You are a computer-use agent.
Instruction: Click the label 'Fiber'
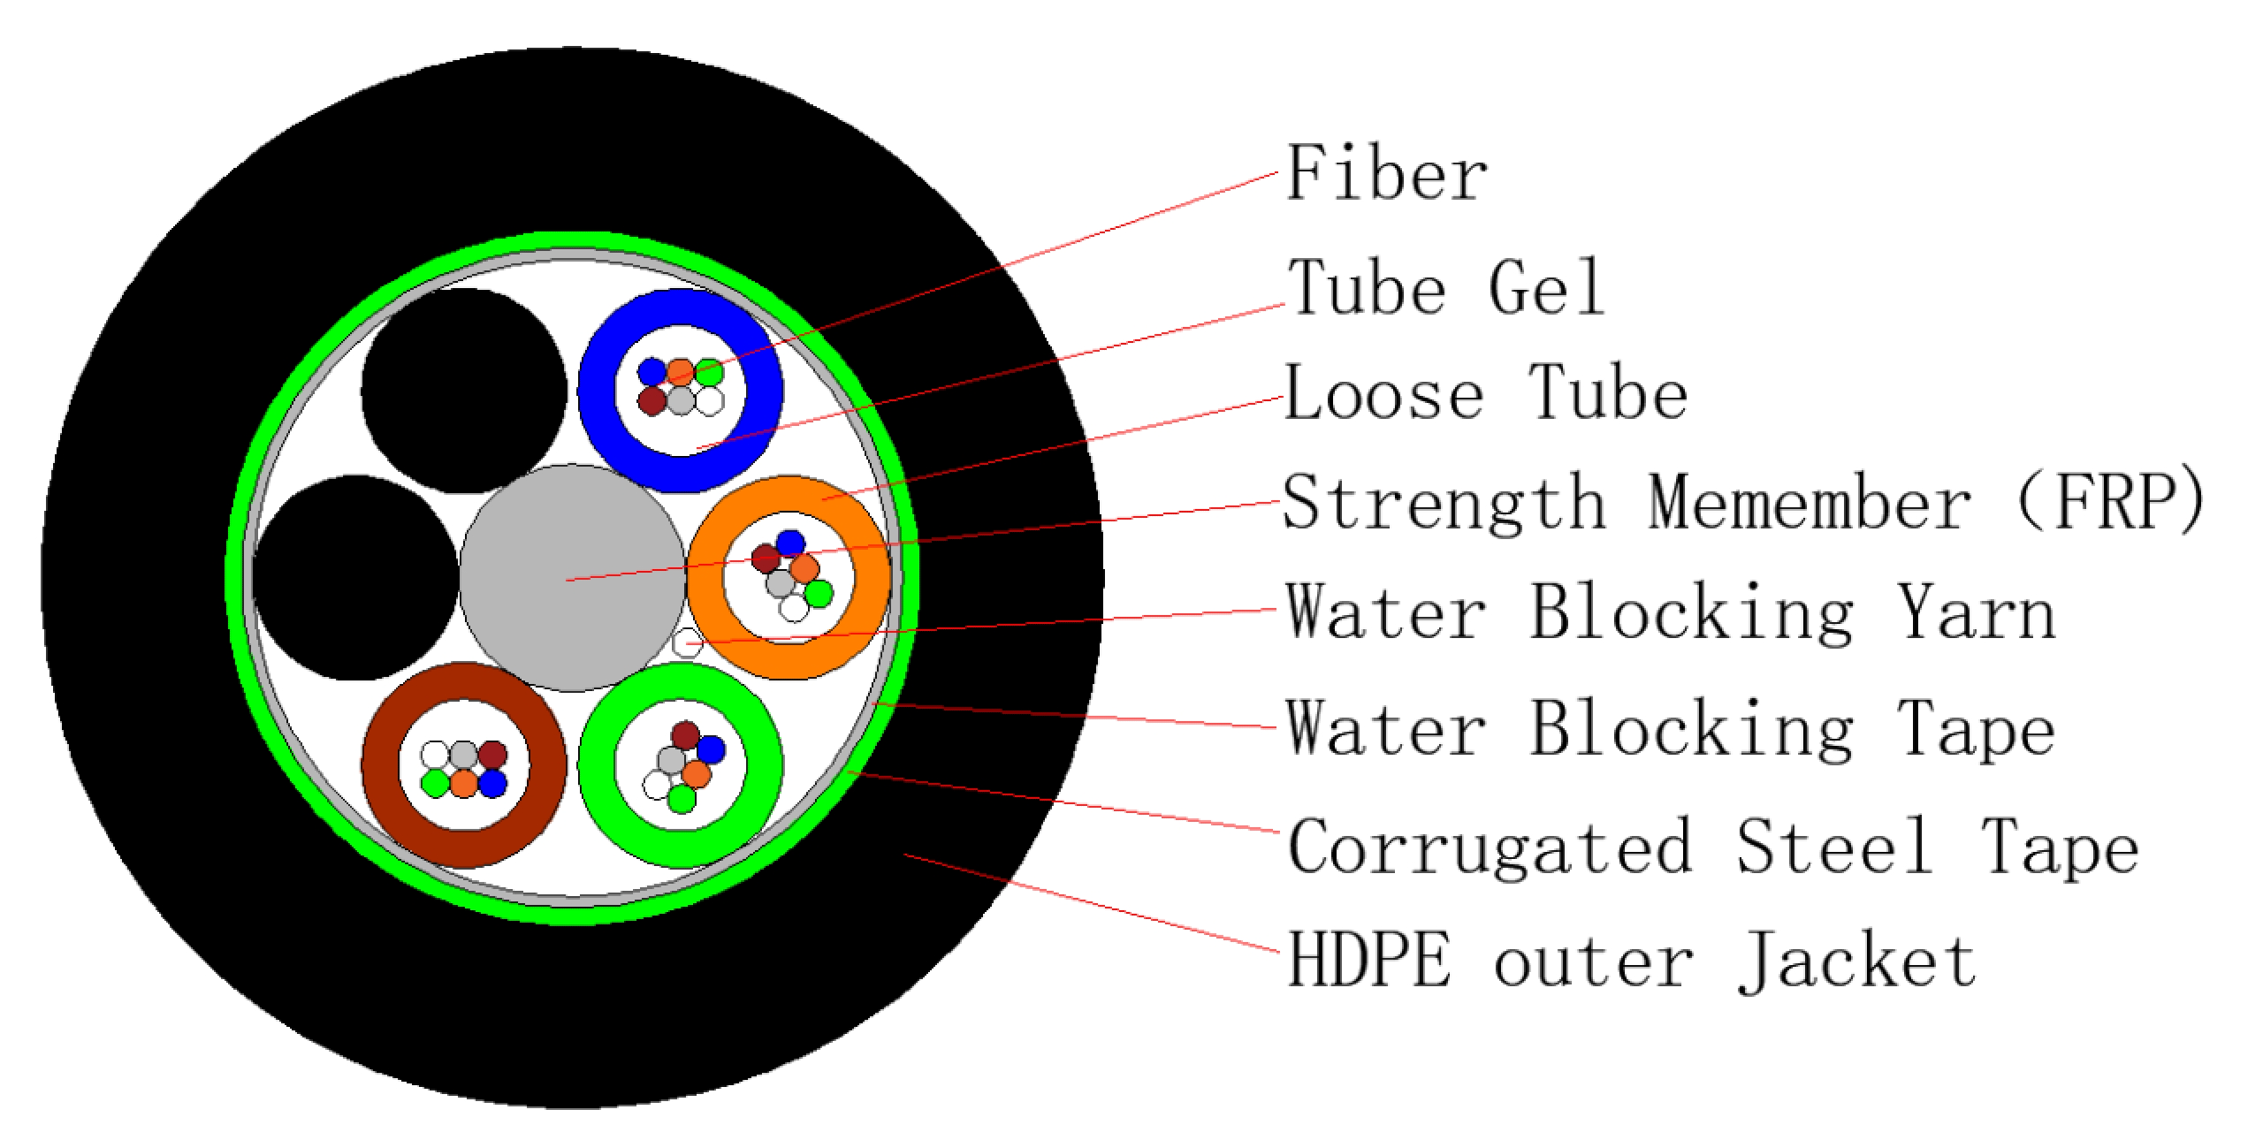pos(1386,174)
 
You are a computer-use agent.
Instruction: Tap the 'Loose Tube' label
pos(1485,394)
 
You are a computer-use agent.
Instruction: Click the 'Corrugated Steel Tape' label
pos(1711,847)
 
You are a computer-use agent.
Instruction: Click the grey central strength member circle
pos(572,579)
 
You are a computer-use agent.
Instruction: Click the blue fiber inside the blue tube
pos(652,372)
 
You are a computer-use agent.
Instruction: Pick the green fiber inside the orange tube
pos(819,593)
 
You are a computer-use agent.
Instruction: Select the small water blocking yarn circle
pos(687,642)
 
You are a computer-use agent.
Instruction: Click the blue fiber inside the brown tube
pos(491,782)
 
